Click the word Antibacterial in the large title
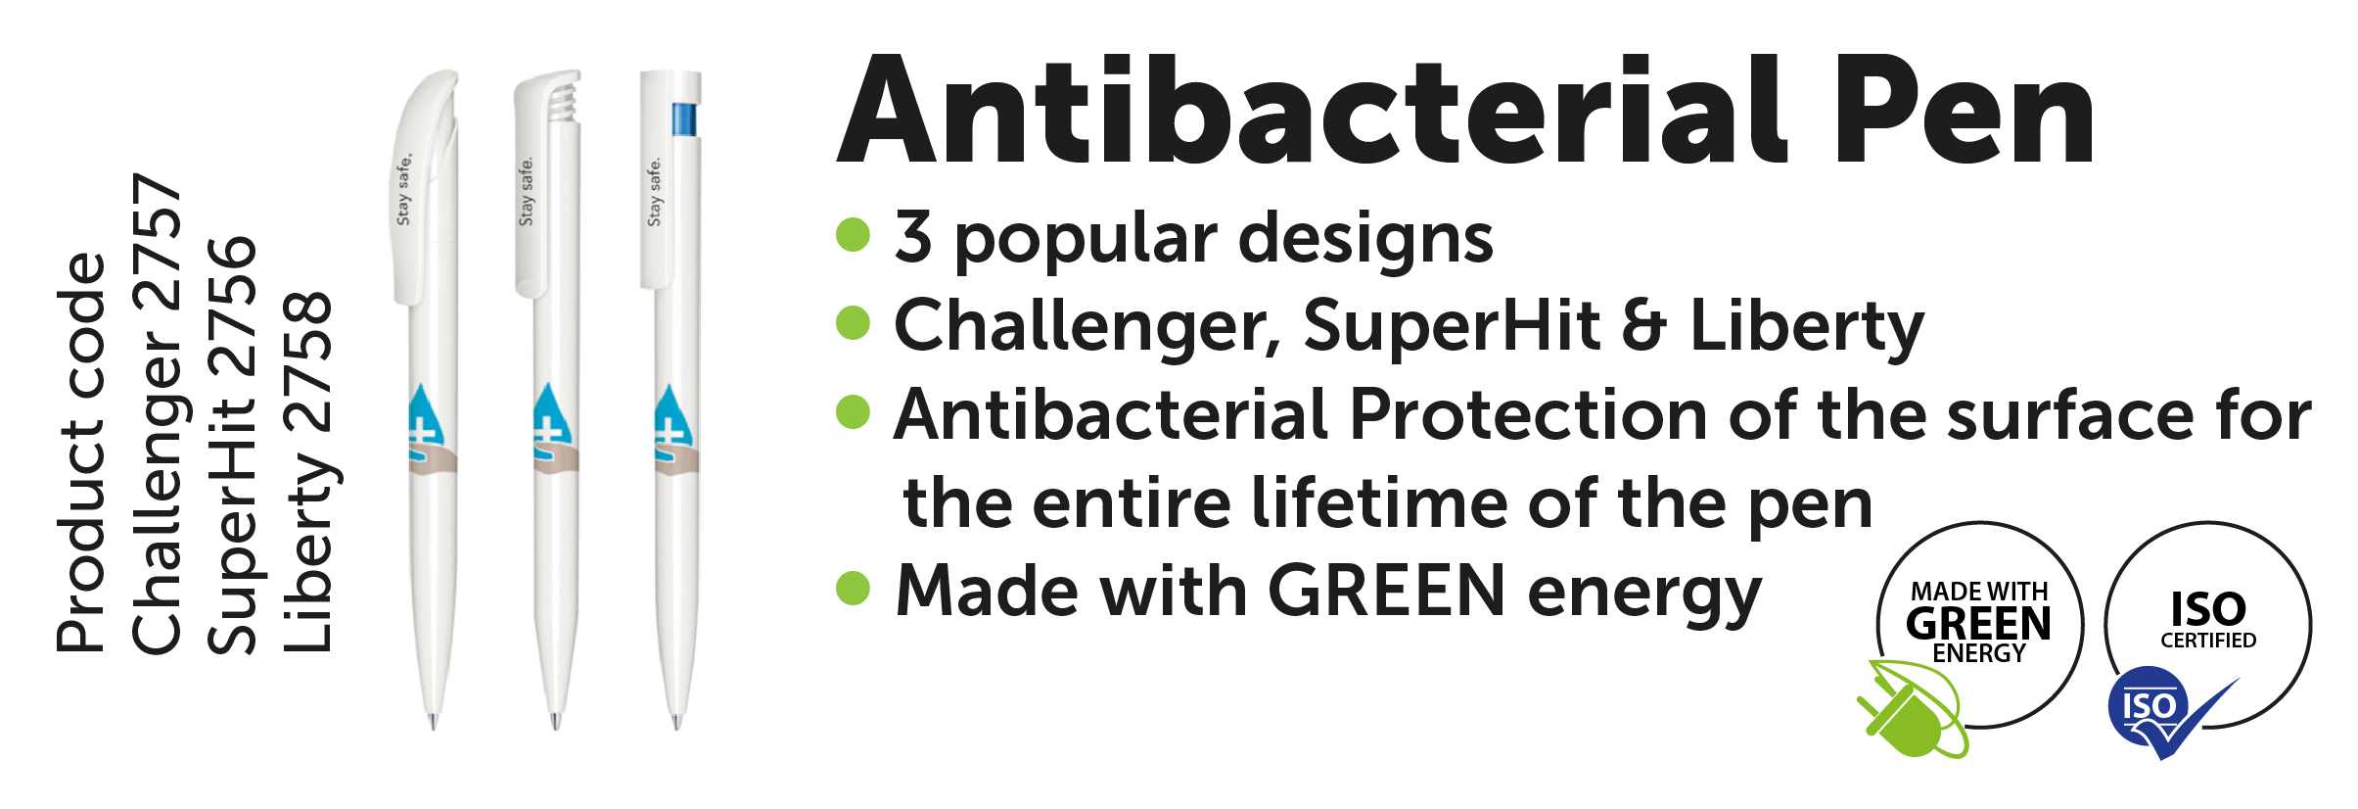click(x=1313, y=111)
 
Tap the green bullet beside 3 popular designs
click(x=854, y=235)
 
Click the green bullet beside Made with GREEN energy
click(x=854, y=589)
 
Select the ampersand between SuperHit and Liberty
click(x=1643, y=325)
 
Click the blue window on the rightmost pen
click(x=684, y=119)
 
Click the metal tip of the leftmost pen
click(x=433, y=722)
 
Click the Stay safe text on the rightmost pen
click(x=654, y=192)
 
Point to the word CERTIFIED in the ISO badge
click(x=2208, y=641)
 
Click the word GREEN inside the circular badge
click(x=1978, y=623)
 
